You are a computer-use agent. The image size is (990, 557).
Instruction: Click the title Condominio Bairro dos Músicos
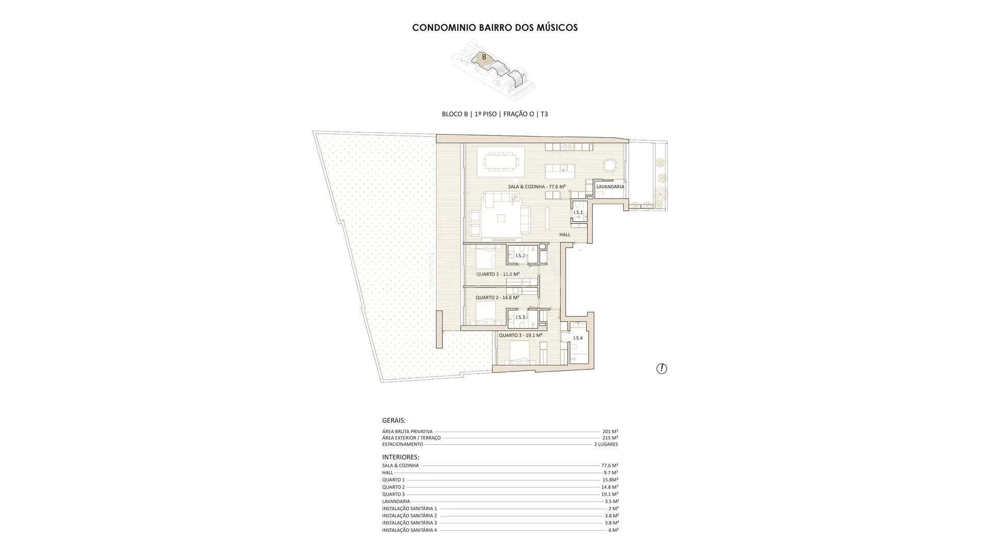pos(495,27)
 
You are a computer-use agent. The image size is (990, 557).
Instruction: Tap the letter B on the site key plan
pos(484,57)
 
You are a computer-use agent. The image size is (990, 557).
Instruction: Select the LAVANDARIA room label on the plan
pos(610,187)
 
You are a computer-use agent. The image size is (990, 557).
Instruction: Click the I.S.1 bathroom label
pos(578,212)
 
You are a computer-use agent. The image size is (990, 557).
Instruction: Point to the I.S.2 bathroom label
pos(520,256)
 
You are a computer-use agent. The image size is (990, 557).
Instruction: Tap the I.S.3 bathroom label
pos(520,318)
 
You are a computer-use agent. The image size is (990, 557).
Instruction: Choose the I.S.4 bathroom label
pos(578,338)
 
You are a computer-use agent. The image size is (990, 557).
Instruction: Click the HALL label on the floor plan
pos(565,235)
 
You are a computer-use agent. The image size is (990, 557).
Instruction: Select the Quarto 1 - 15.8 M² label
pos(498,274)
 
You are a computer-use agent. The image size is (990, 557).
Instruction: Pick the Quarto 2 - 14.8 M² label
pos(497,298)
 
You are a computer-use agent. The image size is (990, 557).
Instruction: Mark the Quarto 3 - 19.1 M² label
pos(520,335)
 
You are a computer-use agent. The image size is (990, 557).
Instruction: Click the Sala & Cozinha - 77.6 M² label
pos(537,187)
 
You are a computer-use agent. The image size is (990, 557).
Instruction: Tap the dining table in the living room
pos(501,163)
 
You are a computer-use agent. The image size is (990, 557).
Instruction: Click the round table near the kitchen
pos(609,166)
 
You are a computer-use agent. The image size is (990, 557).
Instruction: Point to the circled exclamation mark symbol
pos(662,368)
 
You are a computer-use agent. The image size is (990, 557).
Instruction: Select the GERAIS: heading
pos(394,420)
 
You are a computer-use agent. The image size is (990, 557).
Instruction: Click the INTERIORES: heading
pos(401,457)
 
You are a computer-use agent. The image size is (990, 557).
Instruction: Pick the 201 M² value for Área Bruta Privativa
pos(610,432)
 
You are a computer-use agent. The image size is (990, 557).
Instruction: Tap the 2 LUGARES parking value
pos(606,444)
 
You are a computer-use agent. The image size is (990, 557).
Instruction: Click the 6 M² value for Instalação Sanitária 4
pos(614,530)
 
